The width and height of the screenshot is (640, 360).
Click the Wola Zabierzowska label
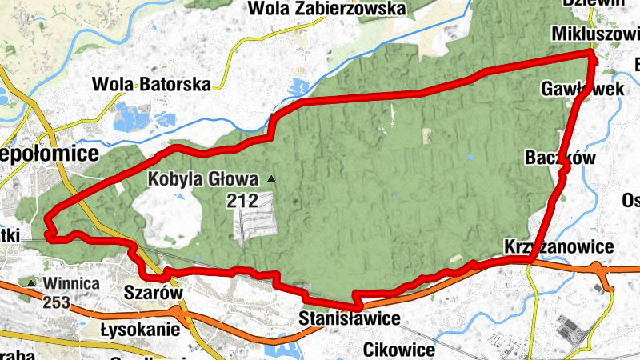click(328, 9)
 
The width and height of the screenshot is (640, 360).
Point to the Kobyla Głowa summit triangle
click(271, 178)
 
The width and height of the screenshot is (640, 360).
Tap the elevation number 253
click(56, 302)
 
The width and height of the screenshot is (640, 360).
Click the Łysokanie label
click(138, 330)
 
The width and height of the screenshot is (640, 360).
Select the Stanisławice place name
click(349, 318)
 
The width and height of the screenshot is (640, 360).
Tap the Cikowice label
click(398, 350)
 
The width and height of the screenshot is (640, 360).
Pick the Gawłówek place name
click(582, 89)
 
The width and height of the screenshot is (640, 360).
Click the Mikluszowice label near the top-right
click(596, 34)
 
